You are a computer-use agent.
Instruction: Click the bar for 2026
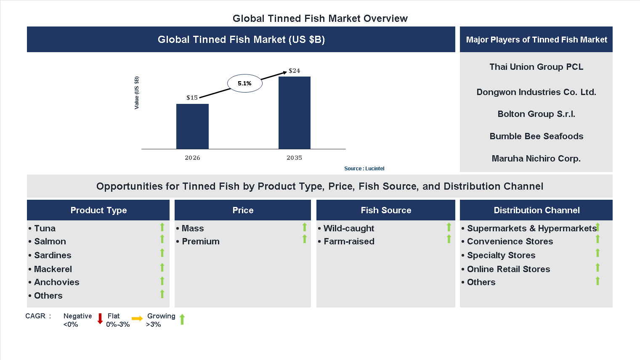coord(192,126)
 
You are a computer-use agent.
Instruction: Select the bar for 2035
coord(294,113)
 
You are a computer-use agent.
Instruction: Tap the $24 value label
coord(294,71)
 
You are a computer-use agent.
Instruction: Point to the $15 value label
coord(192,98)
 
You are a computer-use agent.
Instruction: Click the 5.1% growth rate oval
coord(244,83)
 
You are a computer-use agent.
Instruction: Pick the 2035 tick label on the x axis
coord(294,158)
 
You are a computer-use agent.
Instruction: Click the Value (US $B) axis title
coord(136,93)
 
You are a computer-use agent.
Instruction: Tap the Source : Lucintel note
coord(364,169)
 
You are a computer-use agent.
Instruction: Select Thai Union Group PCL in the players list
coord(536,67)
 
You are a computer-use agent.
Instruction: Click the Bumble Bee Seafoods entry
coord(536,136)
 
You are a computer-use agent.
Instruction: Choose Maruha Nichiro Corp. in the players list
coord(536,159)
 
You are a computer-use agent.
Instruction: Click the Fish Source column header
coord(385,210)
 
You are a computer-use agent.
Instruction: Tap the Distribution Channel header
coord(536,210)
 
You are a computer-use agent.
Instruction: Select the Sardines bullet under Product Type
coord(53,255)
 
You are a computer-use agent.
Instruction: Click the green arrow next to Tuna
coord(162,228)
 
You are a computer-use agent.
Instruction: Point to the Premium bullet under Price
coord(200,241)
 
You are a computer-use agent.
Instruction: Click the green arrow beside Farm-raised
coord(449,239)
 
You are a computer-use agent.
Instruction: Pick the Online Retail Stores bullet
coord(508,269)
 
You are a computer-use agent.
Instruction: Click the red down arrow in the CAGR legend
coord(100,318)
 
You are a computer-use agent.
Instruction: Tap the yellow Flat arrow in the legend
coord(137,318)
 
